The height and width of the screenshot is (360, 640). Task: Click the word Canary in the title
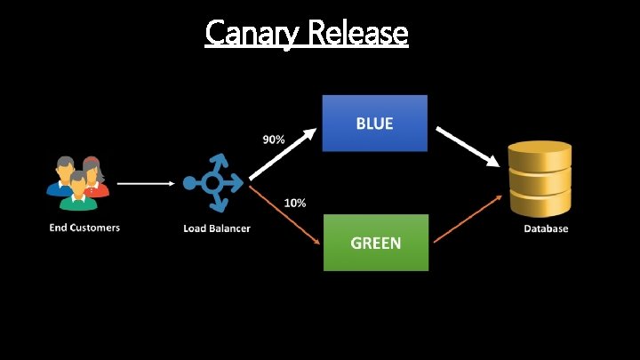point(252,33)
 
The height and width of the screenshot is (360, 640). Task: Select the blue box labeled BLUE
point(374,124)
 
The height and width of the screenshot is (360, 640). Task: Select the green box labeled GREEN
point(374,242)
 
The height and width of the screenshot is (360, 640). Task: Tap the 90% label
point(273,140)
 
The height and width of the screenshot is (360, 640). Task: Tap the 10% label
point(295,203)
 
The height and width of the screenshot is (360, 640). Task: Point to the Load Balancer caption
point(217,228)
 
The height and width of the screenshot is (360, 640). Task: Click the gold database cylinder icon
point(540,179)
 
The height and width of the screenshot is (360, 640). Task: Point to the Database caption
point(544,228)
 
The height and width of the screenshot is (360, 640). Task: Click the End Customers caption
point(84,228)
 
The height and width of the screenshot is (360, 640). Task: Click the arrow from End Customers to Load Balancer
point(146,184)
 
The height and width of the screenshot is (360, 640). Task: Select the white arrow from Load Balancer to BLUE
point(282,155)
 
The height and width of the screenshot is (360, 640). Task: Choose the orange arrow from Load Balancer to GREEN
point(284,213)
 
